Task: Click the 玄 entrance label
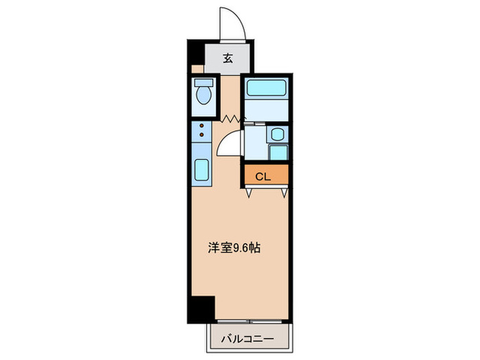tap(228, 58)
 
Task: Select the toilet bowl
tap(203, 97)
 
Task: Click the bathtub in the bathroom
tap(265, 88)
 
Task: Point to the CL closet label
tap(263, 176)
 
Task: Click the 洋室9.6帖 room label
tap(234, 248)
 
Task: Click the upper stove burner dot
tap(202, 125)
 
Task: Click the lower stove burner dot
tap(202, 135)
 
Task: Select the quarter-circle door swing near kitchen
tap(230, 144)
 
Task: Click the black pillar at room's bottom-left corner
tap(202, 309)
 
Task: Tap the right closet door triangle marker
tap(283, 192)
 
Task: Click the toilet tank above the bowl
tap(203, 84)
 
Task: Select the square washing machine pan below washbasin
tap(278, 154)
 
